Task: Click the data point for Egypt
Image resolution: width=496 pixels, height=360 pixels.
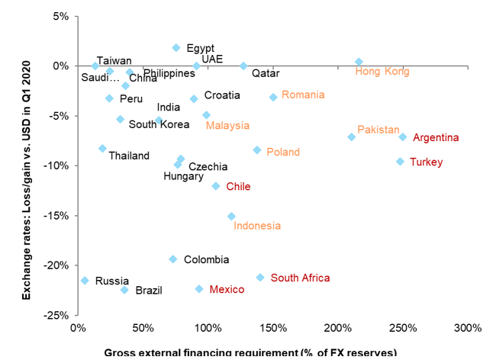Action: click(x=176, y=47)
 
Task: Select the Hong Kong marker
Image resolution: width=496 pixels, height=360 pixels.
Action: click(x=359, y=62)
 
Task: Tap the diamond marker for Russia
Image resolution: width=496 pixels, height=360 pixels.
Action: click(x=85, y=281)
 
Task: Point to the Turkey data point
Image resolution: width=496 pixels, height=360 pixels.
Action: click(x=400, y=162)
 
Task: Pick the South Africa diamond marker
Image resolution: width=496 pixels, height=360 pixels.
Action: click(x=260, y=278)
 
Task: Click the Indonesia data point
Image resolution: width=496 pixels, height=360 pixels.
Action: click(x=231, y=217)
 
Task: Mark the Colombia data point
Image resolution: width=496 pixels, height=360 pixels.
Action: click(x=172, y=259)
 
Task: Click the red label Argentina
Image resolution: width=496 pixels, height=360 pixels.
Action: click(x=436, y=138)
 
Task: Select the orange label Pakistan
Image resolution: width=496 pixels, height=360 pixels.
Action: click(x=379, y=130)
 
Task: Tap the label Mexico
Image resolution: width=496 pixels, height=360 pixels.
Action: click(x=227, y=290)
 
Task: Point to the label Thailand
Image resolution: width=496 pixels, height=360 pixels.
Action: click(x=129, y=156)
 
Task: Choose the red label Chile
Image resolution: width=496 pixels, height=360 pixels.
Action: click(x=238, y=186)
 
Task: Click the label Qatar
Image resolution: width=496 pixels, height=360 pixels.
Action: click(x=266, y=74)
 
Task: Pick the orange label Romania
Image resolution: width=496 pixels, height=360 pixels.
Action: click(x=303, y=95)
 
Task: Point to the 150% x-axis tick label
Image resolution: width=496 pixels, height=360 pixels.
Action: click(x=272, y=328)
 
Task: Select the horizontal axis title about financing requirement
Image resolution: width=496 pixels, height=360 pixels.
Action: click(x=250, y=353)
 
